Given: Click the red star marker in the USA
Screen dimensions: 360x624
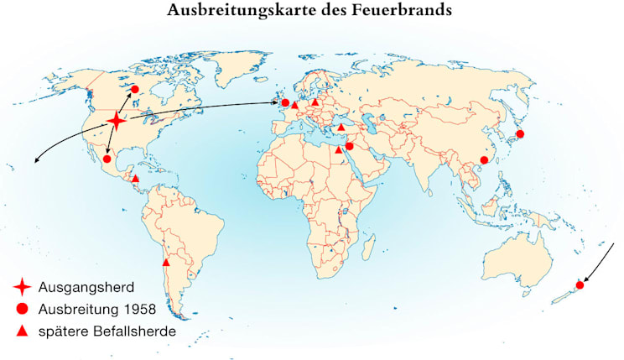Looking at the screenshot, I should click(x=117, y=123).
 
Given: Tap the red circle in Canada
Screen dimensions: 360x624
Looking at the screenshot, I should click(x=133, y=87).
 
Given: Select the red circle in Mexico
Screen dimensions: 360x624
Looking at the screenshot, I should click(x=107, y=159).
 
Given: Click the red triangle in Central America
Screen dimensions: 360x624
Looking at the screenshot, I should click(x=136, y=179).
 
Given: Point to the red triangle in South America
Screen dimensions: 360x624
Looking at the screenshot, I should click(x=165, y=263).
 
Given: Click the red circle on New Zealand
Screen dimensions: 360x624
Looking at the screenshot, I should click(x=580, y=285).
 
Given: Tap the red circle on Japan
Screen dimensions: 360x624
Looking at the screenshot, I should click(x=520, y=134).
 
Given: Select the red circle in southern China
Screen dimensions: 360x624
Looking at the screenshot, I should click(x=483, y=160).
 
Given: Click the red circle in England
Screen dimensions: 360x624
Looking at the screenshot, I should click(x=285, y=103).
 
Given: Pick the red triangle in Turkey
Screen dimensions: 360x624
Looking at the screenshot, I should click(x=341, y=128).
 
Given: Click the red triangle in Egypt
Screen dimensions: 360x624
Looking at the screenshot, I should click(x=338, y=150).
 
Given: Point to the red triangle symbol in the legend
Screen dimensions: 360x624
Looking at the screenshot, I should click(x=23, y=331).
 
